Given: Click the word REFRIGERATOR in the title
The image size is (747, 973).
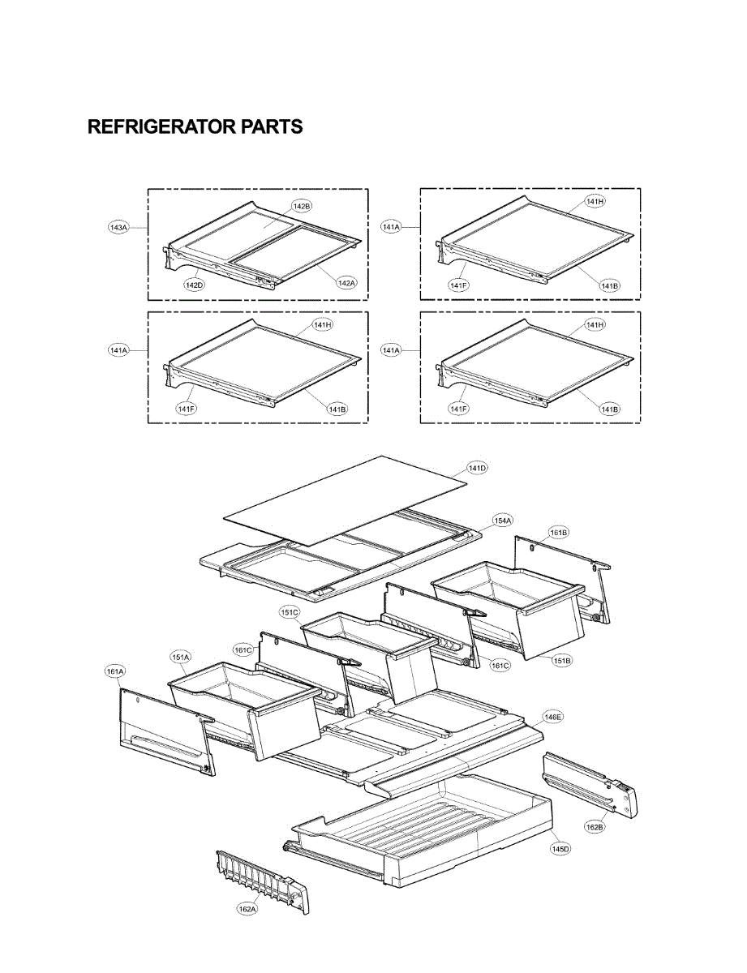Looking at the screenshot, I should (161, 127).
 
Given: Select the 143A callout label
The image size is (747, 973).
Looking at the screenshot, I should (118, 228).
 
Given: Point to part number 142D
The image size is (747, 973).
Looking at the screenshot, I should (194, 284).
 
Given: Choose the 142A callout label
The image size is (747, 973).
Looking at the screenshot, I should (346, 282).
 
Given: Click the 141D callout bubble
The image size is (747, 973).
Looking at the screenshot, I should (478, 468).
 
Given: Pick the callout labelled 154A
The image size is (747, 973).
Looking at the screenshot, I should (503, 520).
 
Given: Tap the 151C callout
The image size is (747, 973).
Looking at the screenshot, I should (290, 612).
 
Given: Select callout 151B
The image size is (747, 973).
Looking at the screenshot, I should (563, 661).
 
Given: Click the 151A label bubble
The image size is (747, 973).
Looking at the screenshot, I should (180, 657).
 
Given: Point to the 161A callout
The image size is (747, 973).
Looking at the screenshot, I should (115, 671).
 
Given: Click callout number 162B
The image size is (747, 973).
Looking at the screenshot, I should (595, 827).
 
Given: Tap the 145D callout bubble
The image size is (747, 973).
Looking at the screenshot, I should (560, 848).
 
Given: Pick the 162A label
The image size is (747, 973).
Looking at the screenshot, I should (247, 910).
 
